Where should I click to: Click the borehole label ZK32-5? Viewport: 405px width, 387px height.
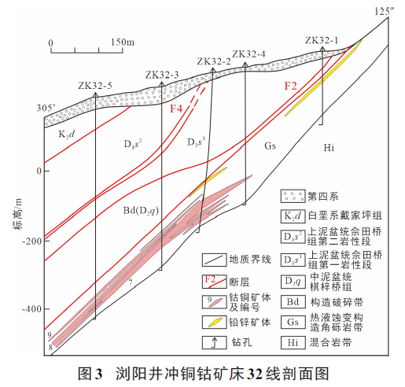coord(95,84)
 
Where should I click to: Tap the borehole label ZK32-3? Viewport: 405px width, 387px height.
coord(162,74)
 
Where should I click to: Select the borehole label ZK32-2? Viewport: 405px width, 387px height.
coord(214,61)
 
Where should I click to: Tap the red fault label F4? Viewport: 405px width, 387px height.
coord(178,109)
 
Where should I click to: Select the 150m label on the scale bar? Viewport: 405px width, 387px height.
coord(123,41)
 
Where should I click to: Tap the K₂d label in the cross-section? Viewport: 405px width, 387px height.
coord(67,135)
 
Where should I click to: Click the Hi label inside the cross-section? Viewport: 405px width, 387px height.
coord(330,147)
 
